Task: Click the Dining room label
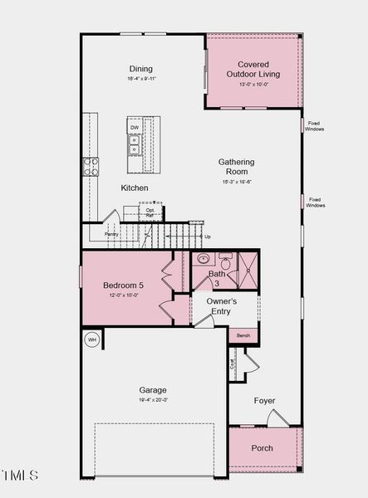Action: [141, 69]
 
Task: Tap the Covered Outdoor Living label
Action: [258, 69]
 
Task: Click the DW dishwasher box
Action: [135, 128]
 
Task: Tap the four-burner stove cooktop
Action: [91, 166]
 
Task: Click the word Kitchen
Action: [135, 188]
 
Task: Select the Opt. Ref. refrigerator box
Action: [150, 212]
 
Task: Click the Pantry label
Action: [111, 235]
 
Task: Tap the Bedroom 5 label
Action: [123, 286]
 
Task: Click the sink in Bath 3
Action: [204, 259]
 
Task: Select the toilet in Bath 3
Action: [225, 260]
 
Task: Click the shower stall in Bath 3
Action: [247, 268]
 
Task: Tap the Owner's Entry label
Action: [222, 306]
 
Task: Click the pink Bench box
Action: [243, 335]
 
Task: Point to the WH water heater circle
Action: [91, 339]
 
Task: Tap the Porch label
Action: [262, 448]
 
